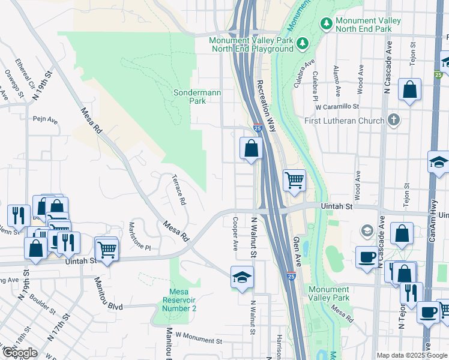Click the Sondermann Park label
point(190,97)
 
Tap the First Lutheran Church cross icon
point(393,119)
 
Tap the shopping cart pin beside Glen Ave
point(294,180)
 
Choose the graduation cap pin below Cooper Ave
point(242,277)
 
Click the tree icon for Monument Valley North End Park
point(327,23)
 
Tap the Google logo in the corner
point(20,353)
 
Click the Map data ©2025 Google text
point(411,355)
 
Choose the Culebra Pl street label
point(315,83)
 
